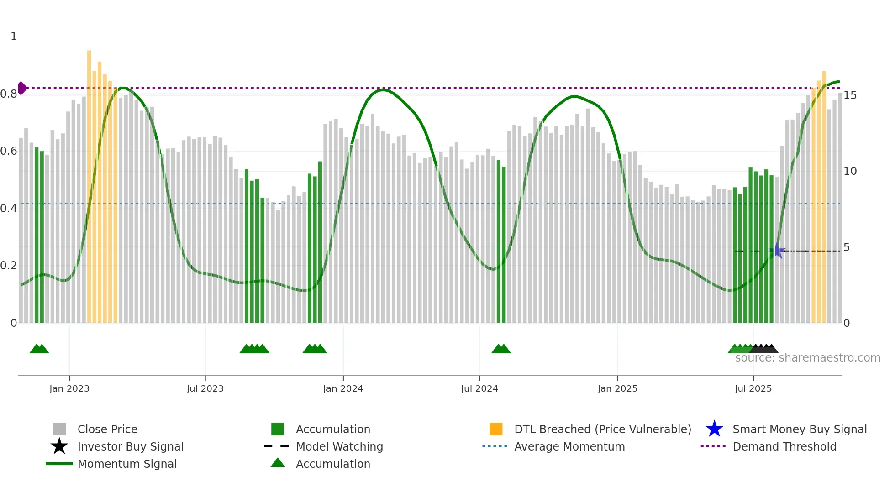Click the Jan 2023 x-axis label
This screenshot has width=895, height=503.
[69, 388]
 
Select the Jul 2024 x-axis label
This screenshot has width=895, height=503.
[479, 388]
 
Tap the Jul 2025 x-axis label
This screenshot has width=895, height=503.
[753, 388]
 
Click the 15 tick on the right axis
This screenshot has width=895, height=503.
[850, 95]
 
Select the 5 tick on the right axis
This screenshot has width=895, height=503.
[847, 247]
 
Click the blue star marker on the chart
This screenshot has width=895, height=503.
[778, 251]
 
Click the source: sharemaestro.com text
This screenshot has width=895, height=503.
[807, 358]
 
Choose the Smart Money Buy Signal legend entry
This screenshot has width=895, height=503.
[799, 430]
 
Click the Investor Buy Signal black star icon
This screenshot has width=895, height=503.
[59, 446]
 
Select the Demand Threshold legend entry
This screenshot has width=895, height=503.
[784, 447]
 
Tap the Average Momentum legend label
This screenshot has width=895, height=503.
[569, 447]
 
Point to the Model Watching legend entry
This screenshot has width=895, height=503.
[339, 447]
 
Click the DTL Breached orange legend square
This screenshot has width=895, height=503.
[496, 429]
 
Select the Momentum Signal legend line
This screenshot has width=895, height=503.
[59, 464]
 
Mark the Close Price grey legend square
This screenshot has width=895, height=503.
[59, 429]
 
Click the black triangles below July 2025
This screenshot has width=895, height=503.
[763, 349]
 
